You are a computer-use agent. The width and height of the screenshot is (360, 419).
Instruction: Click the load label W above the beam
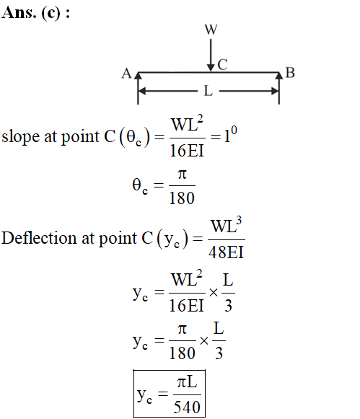tap(211, 30)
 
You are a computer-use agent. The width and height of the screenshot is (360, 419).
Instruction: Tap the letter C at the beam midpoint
tap(222, 65)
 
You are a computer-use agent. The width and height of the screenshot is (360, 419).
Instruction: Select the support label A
tap(127, 74)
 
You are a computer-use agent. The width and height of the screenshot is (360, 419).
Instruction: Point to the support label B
tap(290, 73)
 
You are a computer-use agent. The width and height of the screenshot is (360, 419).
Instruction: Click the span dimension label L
tap(208, 91)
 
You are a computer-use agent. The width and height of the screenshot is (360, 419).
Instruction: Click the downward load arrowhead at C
tap(211, 68)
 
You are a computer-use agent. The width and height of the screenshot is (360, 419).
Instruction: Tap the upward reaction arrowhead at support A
tap(138, 76)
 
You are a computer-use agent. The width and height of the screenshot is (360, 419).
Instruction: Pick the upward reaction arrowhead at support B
tap(279, 76)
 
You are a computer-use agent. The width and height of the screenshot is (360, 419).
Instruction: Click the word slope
tap(21, 137)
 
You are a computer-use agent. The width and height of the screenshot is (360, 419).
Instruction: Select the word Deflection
tap(39, 238)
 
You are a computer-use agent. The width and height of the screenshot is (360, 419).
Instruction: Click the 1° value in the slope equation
tap(230, 134)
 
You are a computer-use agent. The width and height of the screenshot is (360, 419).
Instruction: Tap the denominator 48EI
tap(226, 252)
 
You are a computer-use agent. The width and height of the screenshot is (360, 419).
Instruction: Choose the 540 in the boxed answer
tap(187, 407)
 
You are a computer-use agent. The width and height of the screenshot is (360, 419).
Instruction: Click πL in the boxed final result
tap(187, 382)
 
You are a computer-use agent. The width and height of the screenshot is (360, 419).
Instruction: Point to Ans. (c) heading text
tap(35, 12)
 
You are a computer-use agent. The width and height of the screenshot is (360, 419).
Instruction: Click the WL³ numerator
tap(226, 226)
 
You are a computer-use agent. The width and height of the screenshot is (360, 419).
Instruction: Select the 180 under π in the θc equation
tap(182, 198)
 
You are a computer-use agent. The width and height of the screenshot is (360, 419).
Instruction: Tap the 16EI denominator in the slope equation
tap(187, 151)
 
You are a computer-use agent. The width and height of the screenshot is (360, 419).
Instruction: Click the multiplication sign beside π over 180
tap(204, 340)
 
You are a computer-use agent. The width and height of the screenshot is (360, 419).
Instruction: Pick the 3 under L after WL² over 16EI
tap(228, 306)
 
